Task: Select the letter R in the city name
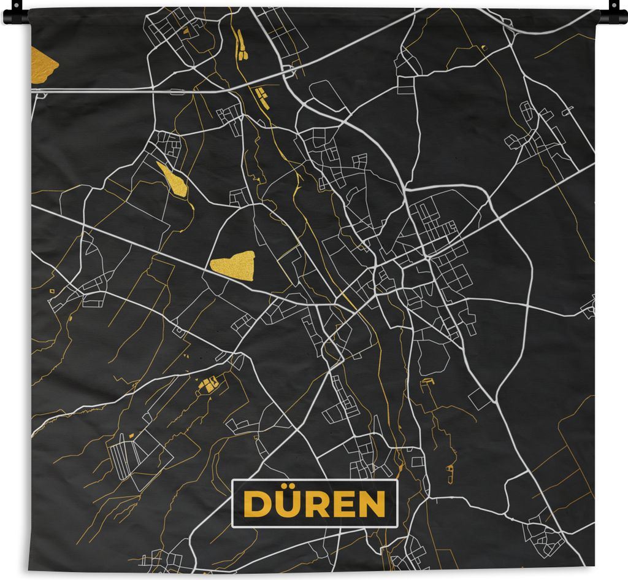(318, 505)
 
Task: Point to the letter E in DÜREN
(344, 505)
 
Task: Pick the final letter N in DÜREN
(372, 505)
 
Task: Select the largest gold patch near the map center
(233, 265)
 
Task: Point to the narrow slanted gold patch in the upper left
(172, 180)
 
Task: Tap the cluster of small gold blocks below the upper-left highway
(262, 95)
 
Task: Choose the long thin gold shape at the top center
(240, 46)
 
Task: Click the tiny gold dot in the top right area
(483, 47)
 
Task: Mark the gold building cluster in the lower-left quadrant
(209, 385)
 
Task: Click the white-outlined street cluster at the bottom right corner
(543, 539)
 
